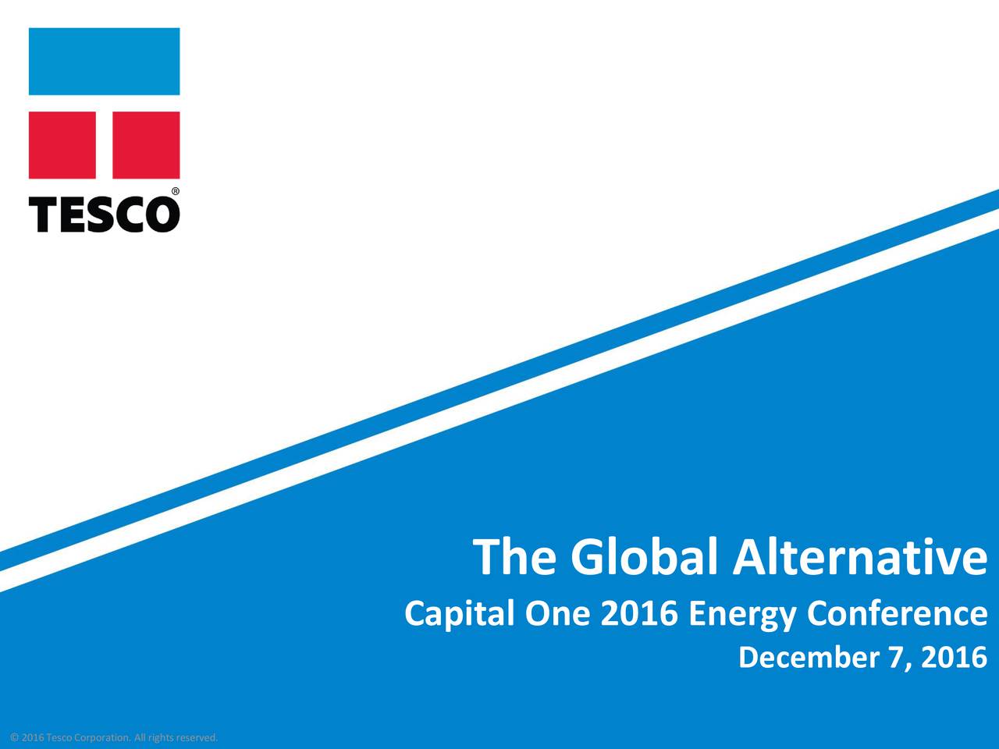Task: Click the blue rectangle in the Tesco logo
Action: coord(105,62)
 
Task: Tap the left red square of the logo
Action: coord(62,145)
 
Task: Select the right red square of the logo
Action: coord(146,145)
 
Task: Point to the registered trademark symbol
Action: coord(176,191)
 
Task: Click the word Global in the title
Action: coord(645,556)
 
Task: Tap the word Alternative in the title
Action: coord(860,556)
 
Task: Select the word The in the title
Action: coord(514,556)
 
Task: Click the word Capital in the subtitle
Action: coord(460,614)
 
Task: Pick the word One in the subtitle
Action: coord(557,613)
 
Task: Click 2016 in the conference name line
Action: coord(639,613)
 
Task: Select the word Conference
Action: coord(897,613)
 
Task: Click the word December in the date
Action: coord(809,658)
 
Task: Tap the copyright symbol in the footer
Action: coord(14,737)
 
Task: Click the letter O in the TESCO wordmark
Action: coord(162,215)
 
